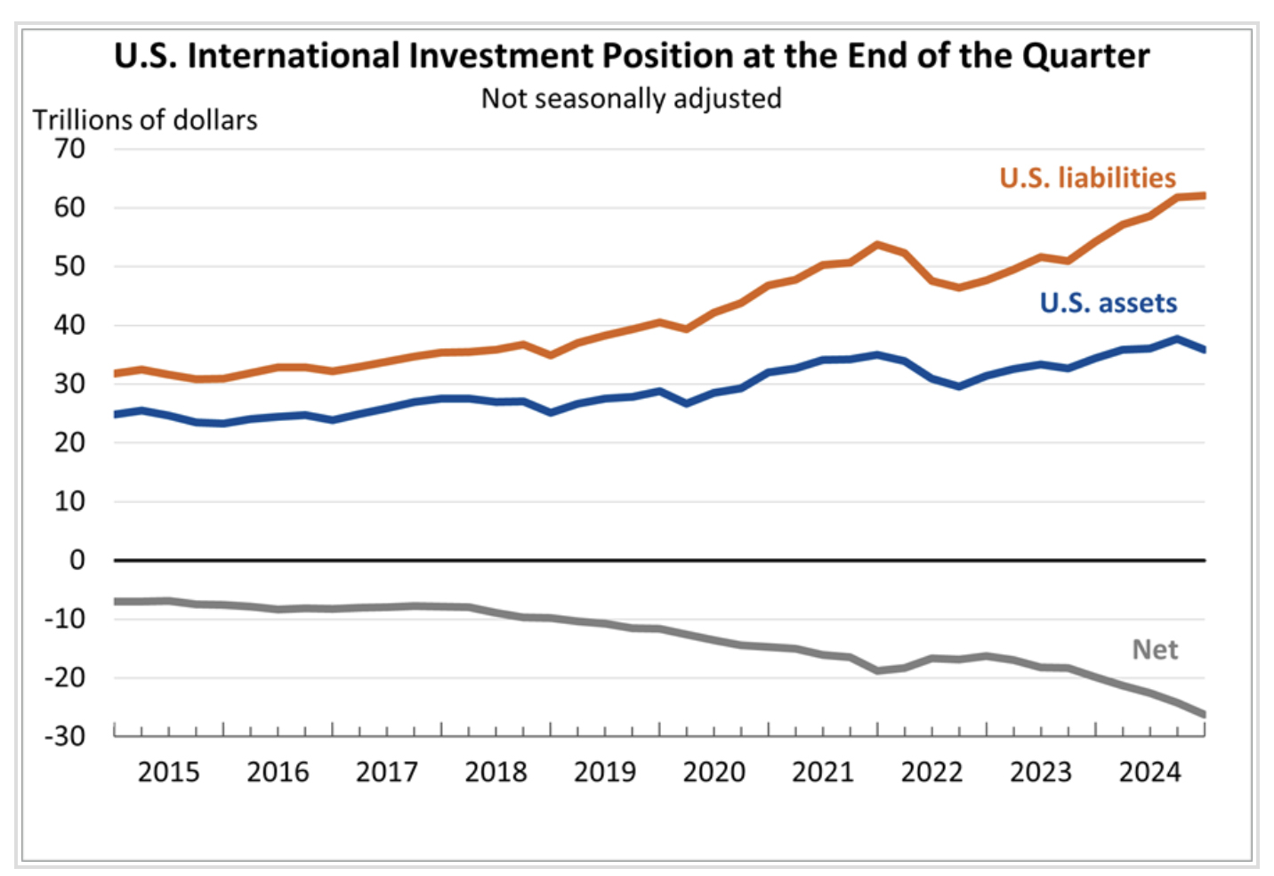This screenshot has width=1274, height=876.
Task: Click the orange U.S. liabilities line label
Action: (x=1087, y=178)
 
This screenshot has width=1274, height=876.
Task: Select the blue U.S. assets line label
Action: (x=1108, y=303)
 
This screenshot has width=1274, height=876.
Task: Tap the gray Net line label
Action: (x=1155, y=650)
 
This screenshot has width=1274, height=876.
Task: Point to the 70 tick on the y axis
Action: (x=69, y=149)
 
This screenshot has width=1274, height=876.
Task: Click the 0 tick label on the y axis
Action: (x=77, y=560)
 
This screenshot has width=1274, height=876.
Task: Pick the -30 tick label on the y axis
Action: (x=65, y=736)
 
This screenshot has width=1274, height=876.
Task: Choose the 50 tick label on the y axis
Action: (x=69, y=266)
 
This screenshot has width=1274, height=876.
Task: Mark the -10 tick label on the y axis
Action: (x=65, y=619)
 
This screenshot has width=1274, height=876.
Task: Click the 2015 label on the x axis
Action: (x=168, y=772)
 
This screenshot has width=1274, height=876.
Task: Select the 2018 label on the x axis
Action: (x=496, y=772)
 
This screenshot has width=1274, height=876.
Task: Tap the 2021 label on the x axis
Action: (x=823, y=772)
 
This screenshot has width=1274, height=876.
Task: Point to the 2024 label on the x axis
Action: (x=1149, y=772)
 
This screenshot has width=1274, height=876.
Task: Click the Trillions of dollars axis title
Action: (x=145, y=120)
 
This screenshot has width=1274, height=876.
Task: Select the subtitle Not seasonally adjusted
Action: (x=631, y=98)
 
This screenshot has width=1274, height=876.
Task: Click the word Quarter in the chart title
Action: (x=1085, y=56)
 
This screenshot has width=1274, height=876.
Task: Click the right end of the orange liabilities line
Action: (x=1204, y=196)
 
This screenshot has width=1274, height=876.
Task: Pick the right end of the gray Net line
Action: (x=1204, y=714)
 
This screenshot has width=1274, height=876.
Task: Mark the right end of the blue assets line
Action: (x=1204, y=350)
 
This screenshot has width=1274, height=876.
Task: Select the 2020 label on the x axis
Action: (x=714, y=772)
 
